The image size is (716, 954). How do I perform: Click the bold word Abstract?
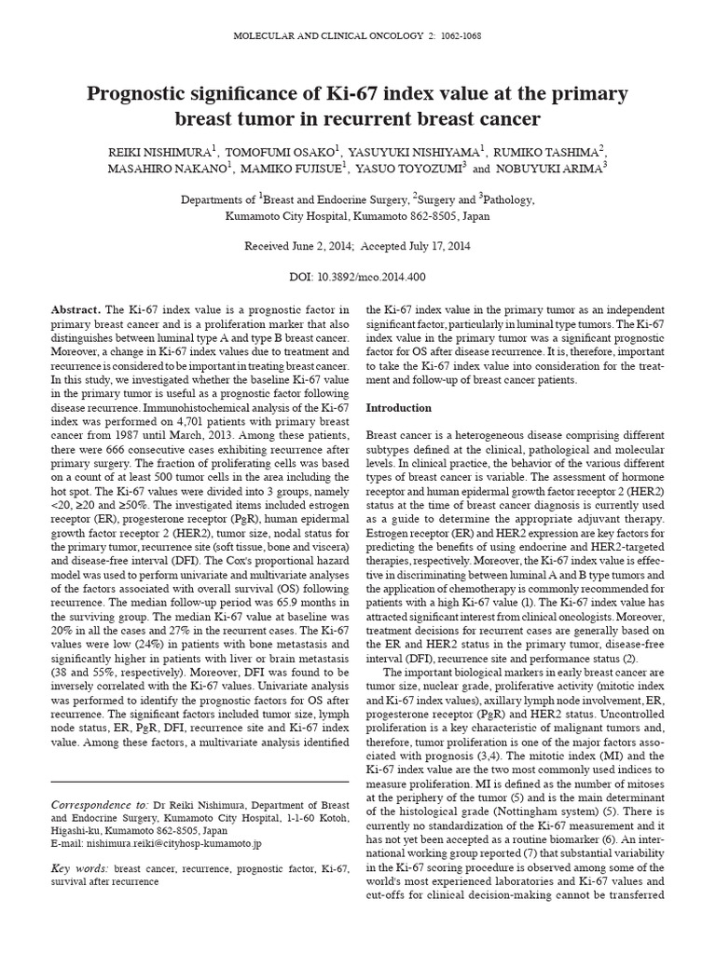(76, 309)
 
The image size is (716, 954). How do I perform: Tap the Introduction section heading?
(399, 408)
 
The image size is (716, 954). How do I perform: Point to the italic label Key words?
(77, 868)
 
